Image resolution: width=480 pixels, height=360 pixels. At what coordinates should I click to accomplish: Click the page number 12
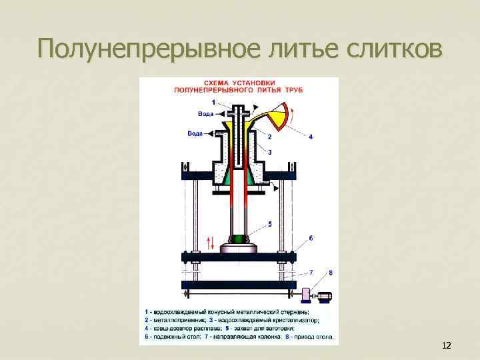coord(447,345)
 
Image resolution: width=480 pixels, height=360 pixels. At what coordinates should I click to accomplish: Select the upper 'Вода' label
coord(206,114)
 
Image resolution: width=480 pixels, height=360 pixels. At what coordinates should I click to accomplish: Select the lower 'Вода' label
coord(195,133)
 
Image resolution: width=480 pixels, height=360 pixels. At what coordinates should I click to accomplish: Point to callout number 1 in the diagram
coord(213,102)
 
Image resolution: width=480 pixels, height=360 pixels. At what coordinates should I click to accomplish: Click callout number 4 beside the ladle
coord(310,137)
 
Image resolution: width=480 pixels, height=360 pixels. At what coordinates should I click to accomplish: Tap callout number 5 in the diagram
coord(270,223)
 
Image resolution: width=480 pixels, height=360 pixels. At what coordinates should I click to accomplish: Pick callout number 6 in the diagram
coord(311,238)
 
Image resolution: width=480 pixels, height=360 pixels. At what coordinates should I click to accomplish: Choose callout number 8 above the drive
coord(331,273)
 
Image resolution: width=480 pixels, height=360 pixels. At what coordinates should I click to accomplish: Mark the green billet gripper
coord(238,238)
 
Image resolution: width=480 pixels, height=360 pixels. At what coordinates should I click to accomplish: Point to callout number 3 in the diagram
coord(269,152)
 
